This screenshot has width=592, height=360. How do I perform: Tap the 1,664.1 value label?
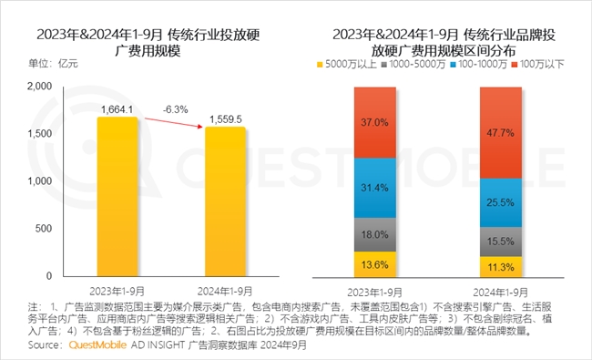pyautogui.click(x=118, y=110)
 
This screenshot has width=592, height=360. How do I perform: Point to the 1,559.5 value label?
pyautogui.click(x=225, y=118)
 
